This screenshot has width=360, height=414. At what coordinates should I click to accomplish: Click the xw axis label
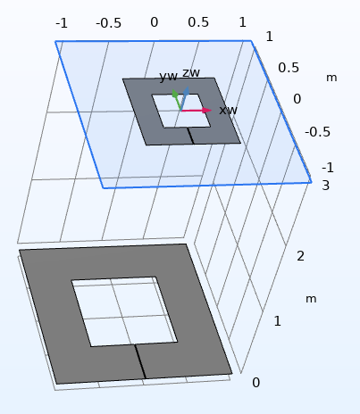coord(228,111)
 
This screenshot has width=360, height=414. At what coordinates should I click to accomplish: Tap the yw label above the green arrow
coord(169,76)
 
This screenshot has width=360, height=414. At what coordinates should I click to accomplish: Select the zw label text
coord(191,72)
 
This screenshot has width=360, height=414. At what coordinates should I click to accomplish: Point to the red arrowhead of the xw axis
coord(207,111)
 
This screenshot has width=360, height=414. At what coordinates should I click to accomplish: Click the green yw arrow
coord(177,100)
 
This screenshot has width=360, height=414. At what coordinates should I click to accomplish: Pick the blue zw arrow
coord(185,98)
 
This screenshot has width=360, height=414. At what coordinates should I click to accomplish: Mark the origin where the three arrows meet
coord(181,111)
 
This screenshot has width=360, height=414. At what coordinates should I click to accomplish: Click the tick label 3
coord(325,186)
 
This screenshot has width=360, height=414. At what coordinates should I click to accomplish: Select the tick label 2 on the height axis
coord(300,256)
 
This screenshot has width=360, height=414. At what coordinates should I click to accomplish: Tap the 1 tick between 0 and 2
coord(277,321)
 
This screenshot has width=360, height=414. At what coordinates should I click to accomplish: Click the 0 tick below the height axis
coord(255,383)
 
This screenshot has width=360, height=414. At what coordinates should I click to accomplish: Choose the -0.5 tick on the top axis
coord(108,23)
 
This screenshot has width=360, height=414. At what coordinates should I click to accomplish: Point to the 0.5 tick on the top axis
coord(198,22)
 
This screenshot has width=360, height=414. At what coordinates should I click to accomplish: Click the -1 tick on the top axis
coord(62,23)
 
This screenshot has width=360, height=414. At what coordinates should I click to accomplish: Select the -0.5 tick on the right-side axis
coord(317,132)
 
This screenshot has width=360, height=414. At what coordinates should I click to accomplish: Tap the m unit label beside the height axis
coord(311,299)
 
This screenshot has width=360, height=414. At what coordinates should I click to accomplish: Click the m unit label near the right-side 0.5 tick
coord(331,78)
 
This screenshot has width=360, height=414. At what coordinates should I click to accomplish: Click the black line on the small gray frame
coord(190,136)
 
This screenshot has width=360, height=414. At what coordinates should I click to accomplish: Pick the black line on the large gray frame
coord(140,361)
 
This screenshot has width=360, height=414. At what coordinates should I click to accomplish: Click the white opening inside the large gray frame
coord(124,311)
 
